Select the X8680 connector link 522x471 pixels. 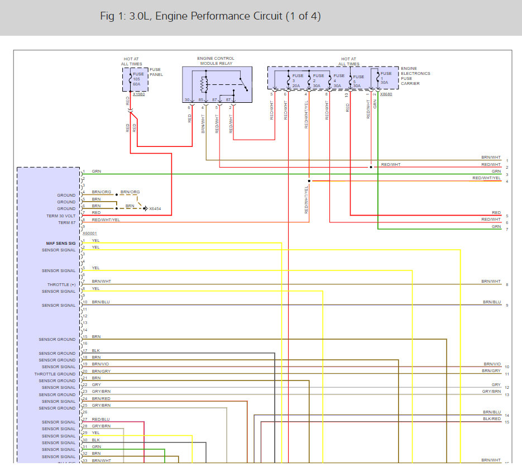[x=386, y=94]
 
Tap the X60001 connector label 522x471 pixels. [x=90, y=234]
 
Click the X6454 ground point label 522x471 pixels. [x=155, y=209]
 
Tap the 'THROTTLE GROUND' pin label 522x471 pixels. [x=55, y=374]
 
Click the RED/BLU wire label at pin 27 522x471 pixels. [x=100, y=419]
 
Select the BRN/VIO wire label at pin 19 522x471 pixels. [x=100, y=364]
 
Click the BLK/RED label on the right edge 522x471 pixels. [x=492, y=418]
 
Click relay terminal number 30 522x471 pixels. [x=187, y=99]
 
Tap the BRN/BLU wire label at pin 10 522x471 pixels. [x=100, y=302]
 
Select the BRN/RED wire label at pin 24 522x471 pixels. [x=100, y=398]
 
